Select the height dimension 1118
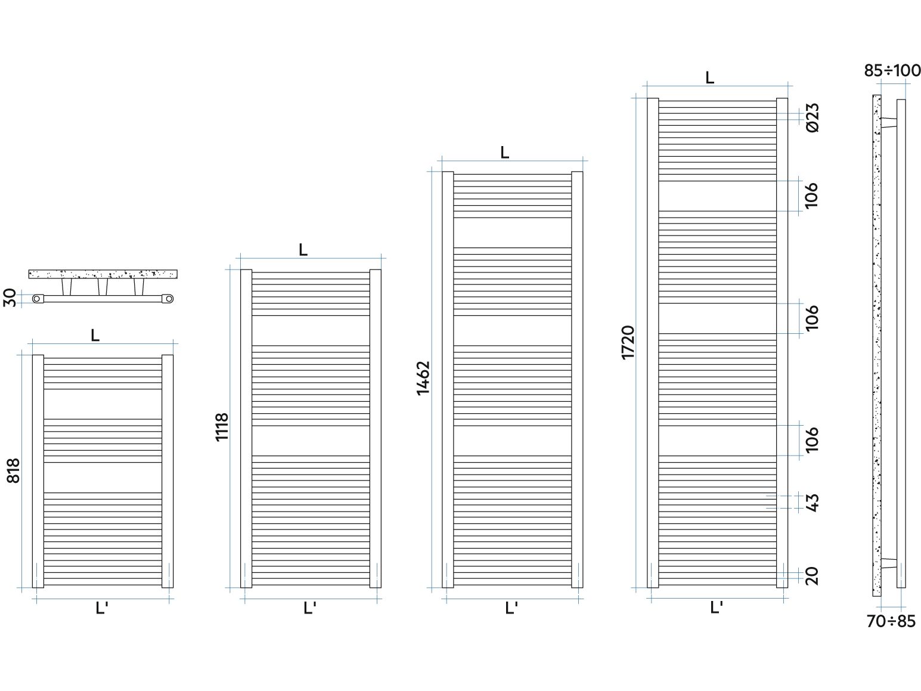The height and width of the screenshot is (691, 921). click(x=221, y=427)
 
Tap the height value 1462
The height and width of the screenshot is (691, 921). click(x=423, y=378)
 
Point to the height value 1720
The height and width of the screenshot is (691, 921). click(x=628, y=342)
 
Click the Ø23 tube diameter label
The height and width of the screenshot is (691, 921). click(x=812, y=117)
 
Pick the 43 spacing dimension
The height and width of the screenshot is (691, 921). click(x=812, y=503)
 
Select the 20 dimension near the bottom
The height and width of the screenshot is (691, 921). click(x=812, y=576)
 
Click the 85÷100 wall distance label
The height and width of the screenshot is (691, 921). click(x=892, y=70)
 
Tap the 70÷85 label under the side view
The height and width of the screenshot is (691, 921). click(x=891, y=621)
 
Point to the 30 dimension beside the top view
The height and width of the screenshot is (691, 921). click(x=9, y=298)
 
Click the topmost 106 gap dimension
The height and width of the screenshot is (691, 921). click(x=811, y=195)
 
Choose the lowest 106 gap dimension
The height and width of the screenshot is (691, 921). click(x=812, y=440)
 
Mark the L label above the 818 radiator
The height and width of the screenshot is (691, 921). click(x=95, y=335)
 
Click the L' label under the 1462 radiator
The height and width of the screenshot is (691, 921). click(x=511, y=608)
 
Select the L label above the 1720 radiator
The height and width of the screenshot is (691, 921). click(x=709, y=78)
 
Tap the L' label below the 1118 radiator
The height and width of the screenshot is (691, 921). click(x=309, y=608)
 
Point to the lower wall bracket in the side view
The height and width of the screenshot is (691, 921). click(x=889, y=563)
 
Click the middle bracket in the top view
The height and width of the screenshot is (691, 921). click(x=103, y=287)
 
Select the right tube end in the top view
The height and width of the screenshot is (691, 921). click(x=168, y=299)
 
